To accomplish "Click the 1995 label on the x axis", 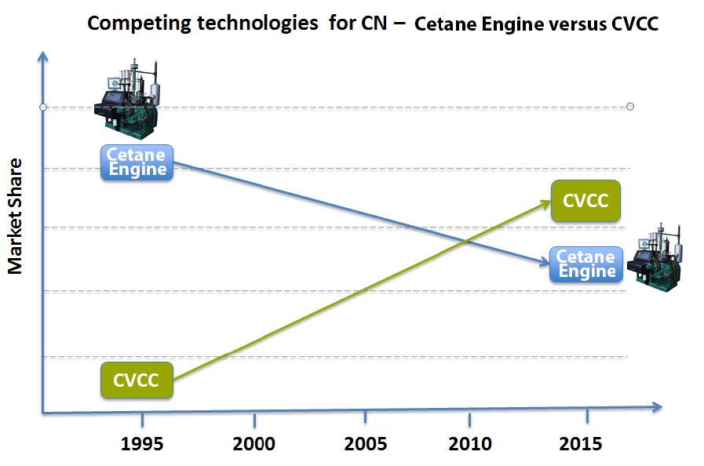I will (142, 444).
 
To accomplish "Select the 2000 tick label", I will (254, 444).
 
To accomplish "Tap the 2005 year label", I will (365, 444).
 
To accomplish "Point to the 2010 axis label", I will (470, 444).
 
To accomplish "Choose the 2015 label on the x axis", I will (581, 444).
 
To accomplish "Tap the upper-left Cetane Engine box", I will (137, 162).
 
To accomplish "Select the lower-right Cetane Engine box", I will (587, 264).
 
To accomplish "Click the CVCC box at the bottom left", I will (137, 381).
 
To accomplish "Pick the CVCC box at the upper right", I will (585, 200).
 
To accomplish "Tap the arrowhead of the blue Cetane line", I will (550, 265).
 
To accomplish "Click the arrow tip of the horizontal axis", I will (661, 407).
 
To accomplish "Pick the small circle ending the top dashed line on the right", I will (630, 107).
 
